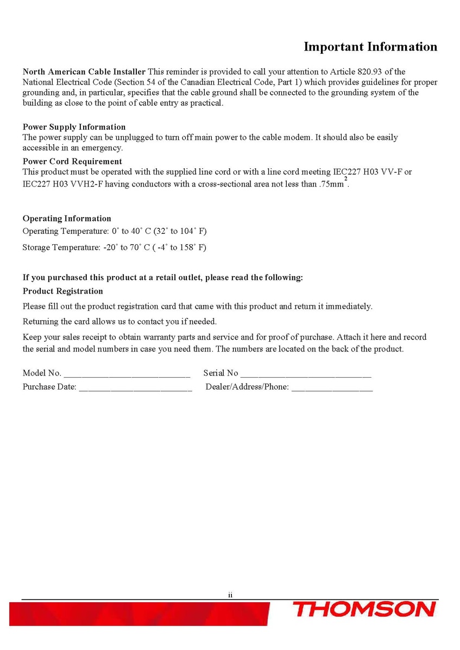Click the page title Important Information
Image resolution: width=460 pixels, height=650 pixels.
coord(370,47)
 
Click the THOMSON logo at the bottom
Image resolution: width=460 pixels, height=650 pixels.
coord(364,609)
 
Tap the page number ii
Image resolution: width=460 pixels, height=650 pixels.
coord(230,595)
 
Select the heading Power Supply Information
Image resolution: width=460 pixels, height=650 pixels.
coord(74,127)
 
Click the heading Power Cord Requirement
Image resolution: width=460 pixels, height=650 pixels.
coord(72,161)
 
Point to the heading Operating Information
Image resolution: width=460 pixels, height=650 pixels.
coord(67,219)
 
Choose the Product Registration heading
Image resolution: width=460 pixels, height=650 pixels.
coord(62,291)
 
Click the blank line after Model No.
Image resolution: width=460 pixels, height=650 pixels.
coord(127,374)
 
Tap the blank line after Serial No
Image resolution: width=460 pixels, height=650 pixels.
coord(305,374)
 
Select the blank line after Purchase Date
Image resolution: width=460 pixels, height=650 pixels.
coord(135,388)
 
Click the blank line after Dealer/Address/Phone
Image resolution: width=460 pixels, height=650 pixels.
coord(332,388)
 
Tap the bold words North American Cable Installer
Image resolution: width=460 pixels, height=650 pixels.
coord(84,72)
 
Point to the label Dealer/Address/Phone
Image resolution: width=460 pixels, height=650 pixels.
coord(247,388)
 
